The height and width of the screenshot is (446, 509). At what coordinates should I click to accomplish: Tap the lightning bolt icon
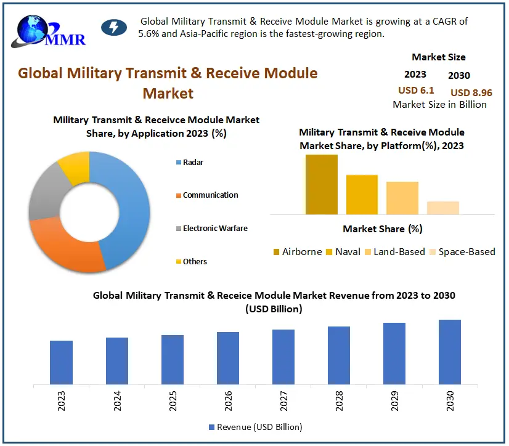coord(113,28)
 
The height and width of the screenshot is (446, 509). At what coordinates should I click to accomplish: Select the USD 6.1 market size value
coord(416,91)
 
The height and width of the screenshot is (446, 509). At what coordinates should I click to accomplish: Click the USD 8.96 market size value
coord(471,92)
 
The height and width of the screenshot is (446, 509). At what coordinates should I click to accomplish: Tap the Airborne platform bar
coord(322,184)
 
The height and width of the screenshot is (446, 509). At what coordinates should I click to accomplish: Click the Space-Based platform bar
coord(443,208)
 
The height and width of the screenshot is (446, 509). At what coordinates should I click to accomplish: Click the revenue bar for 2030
coord(450,352)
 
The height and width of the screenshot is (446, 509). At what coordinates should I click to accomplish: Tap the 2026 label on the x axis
coord(229,404)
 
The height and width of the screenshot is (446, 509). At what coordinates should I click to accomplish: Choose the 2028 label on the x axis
coord(340,404)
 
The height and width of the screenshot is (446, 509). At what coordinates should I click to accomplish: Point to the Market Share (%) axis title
coord(382,229)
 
